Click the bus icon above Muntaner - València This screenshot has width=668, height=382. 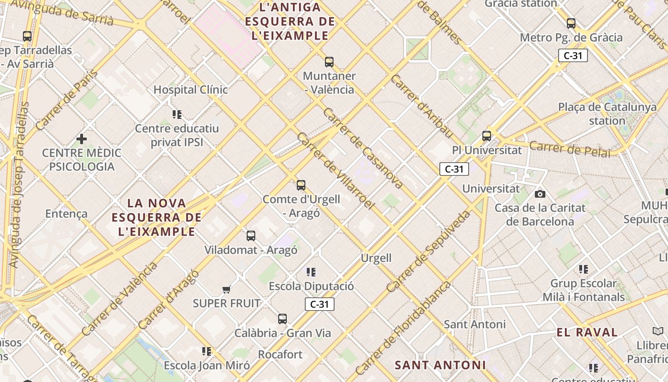point(329,62)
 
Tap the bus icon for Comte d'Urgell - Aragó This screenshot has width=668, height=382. point(301,185)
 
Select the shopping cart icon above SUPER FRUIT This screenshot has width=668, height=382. point(227,289)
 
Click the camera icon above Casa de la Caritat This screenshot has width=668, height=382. point(540,194)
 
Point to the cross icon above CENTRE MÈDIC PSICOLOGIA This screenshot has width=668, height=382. point(82,139)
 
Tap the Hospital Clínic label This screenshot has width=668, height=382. point(190,89)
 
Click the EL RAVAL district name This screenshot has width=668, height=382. point(587,332)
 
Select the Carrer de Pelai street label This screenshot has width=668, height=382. point(570,149)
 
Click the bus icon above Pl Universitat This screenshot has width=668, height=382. point(487,136)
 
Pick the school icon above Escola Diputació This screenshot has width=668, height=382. point(311,272)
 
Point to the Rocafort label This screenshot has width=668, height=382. point(280,354)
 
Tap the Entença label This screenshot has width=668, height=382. point(66,213)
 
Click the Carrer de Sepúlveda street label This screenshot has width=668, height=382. point(428,252)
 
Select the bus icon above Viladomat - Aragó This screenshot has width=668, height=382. point(251,236)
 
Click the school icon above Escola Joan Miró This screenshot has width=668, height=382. point(207,351)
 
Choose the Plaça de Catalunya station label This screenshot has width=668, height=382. point(607,114)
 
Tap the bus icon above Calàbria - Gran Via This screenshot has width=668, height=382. point(282,319)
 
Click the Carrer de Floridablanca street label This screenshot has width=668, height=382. point(403,329)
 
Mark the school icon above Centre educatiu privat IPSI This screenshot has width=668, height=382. point(177,115)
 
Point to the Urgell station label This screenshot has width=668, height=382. point(376,258)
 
